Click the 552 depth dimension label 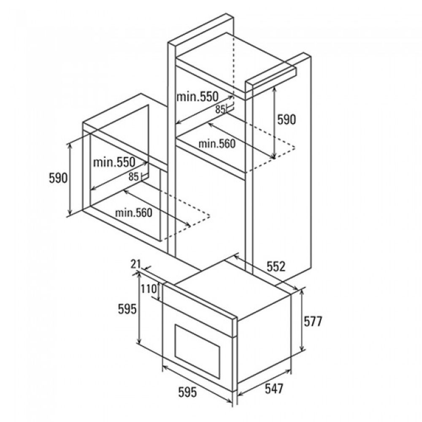(276, 266)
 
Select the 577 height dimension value (313, 321)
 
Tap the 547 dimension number (274, 388)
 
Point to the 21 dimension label (136, 264)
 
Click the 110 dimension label (149, 289)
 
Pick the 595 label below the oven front (188, 392)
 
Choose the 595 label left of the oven (127, 309)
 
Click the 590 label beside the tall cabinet (287, 119)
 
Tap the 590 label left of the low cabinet (58, 178)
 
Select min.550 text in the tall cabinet (197, 97)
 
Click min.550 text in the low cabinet (114, 162)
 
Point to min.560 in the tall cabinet (217, 144)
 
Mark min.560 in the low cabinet (133, 213)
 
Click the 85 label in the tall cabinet (220, 109)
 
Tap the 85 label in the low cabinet (133, 176)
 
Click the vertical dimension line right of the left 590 (70, 179)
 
